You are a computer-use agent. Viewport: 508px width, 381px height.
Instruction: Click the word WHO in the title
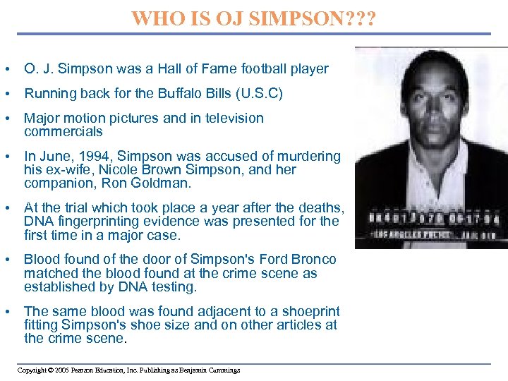(155, 17)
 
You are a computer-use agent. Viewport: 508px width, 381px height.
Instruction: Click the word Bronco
(313, 260)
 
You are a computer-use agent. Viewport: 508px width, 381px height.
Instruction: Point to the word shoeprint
(309, 311)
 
